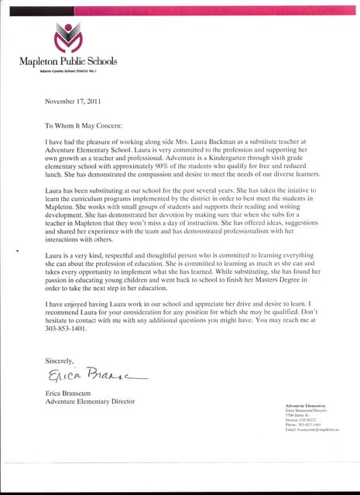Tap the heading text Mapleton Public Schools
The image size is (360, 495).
pos(68,60)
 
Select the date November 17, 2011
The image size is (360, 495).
pos(73,101)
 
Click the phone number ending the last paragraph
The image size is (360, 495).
pos(66,336)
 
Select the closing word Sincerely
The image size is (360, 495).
pos(59,360)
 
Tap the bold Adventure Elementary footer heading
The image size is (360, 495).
pos(305,405)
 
